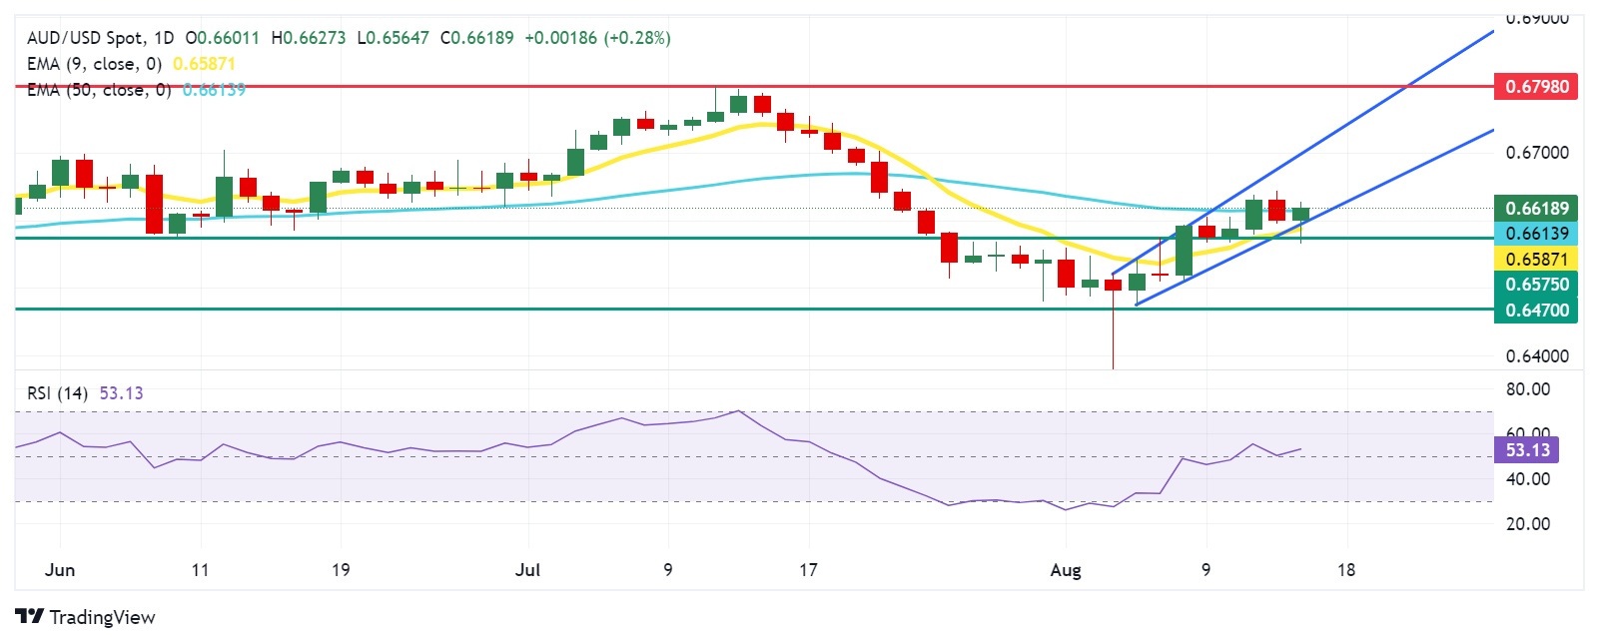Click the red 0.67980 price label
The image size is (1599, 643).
[1536, 87]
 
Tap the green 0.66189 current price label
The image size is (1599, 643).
[1536, 209]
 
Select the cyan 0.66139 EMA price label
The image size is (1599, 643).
[1536, 234]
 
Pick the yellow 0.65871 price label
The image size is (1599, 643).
[1536, 260]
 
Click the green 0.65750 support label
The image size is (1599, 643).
[1536, 285]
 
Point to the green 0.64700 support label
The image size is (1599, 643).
[1536, 311]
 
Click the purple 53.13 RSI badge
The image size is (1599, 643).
[1527, 450]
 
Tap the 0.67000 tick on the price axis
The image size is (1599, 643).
[1536, 153]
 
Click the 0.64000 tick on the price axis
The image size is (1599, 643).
[1536, 356]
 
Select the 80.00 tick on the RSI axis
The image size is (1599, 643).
[1528, 389]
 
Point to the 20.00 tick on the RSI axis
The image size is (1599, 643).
[1528, 524]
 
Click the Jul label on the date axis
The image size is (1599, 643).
[527, 570]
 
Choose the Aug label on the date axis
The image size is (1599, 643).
[1066, 570]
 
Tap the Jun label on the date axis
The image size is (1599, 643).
[60, 570]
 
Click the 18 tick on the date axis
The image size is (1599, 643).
[1346, 570]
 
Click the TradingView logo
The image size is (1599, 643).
[86, 617]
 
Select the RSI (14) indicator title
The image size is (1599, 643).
[58, 393]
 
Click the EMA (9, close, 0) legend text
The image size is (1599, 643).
[94, 64]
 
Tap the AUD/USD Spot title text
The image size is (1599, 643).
[85, 38]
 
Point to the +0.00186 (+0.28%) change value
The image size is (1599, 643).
[597, 38]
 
